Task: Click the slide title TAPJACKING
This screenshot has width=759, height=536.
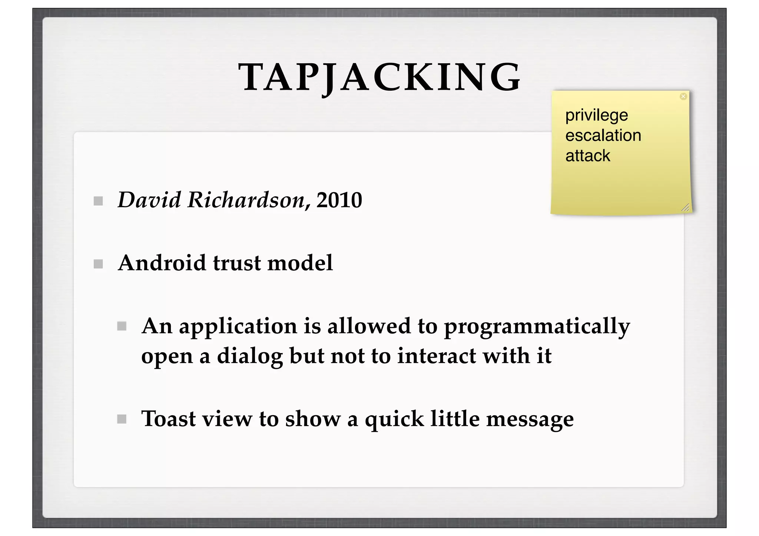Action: click(379, 77)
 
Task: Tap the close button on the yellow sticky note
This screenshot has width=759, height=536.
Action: click(683, 97)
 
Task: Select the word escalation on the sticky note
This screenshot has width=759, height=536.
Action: click(603, 136)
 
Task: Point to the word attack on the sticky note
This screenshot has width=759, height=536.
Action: click(587, 156)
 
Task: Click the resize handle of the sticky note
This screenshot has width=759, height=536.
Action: click(685, 208)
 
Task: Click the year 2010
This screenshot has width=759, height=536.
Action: click(339, 200)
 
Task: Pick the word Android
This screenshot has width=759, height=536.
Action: click(162, 263)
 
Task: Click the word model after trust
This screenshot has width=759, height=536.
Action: click(300, 263)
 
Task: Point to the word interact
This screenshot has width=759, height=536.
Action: click(437, 356)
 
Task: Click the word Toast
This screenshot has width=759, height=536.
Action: click(168, 419)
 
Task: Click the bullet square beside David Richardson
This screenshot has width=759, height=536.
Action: click(98, 201)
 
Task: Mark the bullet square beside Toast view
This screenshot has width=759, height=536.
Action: click(122, 419)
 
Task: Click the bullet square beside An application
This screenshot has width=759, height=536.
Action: click(122, 326)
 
